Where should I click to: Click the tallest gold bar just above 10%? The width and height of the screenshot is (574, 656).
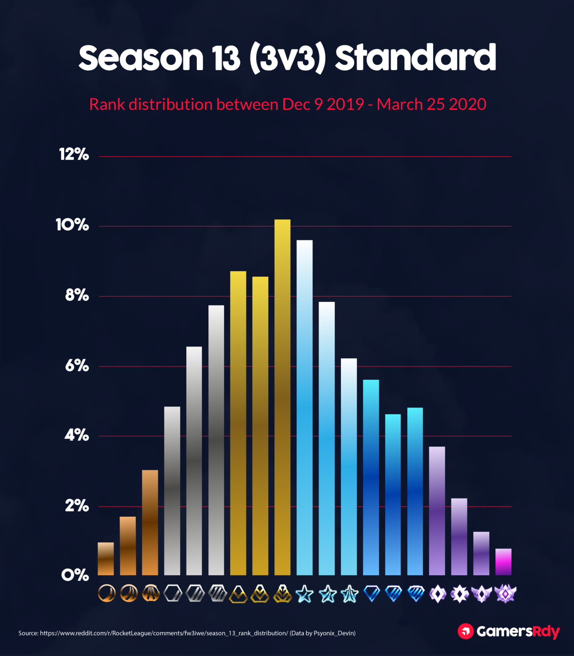(x=282, y=397)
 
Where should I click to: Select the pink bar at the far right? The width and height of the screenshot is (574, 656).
(x=503, y=562)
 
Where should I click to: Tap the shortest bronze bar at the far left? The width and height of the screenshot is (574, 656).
(x=106, y=559)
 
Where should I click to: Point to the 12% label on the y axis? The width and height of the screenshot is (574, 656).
(x=74, y=154)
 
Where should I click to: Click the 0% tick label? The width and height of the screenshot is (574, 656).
(x=75, y=575)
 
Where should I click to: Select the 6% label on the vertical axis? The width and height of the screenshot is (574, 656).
(x=77, y=366)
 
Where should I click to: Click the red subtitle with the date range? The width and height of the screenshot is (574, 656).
(x=287, y=104)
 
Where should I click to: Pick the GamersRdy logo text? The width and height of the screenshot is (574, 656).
(x=518, y=631)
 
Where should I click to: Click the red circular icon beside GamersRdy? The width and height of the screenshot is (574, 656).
(x=466, y=631)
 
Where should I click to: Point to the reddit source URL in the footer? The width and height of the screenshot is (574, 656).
(x=164, y=633)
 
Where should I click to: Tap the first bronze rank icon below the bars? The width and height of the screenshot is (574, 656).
(x=106, y=594)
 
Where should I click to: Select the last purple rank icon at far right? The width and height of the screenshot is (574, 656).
(x=505, y=594)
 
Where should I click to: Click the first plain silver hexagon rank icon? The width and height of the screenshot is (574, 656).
(x=173, y=594)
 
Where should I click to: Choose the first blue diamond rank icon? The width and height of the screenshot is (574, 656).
(x=371, y=594)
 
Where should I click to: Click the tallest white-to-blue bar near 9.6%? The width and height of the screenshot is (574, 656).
(x=305, y=408)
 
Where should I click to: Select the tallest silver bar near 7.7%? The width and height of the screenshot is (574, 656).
(x=216, y=440)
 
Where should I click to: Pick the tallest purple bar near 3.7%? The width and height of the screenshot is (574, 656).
(x=437, y=511)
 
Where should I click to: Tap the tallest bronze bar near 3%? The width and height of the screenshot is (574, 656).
(x=150, y=522)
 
